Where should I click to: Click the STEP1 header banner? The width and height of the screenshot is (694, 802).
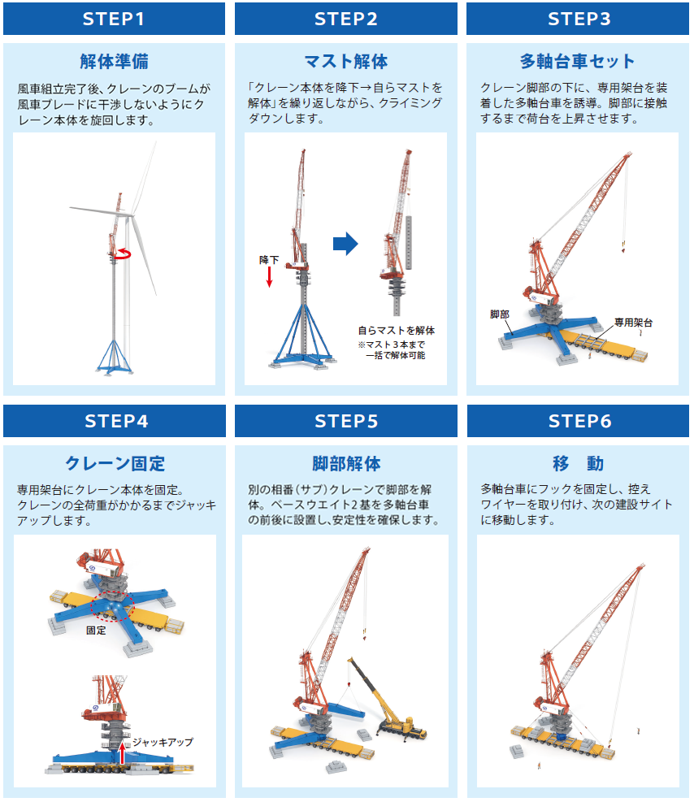click(114, 19)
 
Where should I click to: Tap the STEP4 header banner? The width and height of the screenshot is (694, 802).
click(115, 421)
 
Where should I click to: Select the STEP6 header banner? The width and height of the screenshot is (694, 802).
click(578, 421)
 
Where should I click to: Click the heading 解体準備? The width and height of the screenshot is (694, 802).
click(114, 62)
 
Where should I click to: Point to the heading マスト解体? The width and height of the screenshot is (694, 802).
click(346, 62)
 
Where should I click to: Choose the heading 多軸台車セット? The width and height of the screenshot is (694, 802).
click(578, 62)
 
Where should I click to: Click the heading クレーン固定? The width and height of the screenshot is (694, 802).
click(115, 463)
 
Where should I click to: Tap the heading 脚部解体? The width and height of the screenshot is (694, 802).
click(346, 463)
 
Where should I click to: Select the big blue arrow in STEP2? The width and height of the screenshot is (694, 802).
click(345, 244)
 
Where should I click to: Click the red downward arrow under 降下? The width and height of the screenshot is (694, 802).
click(270, 277)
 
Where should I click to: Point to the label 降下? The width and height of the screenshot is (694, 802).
click(269, 260)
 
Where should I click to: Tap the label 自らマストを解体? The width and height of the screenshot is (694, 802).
click(397, 331)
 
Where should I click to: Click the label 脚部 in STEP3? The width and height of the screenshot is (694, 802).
click(500, 314)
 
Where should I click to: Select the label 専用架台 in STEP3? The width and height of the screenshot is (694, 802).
click(633, 323)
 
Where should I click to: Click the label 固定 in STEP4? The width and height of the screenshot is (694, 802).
click(96, 631)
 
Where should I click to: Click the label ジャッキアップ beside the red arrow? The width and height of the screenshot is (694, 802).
click(163, 742)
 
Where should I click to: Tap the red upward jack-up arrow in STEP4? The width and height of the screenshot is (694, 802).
click(122, 753)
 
